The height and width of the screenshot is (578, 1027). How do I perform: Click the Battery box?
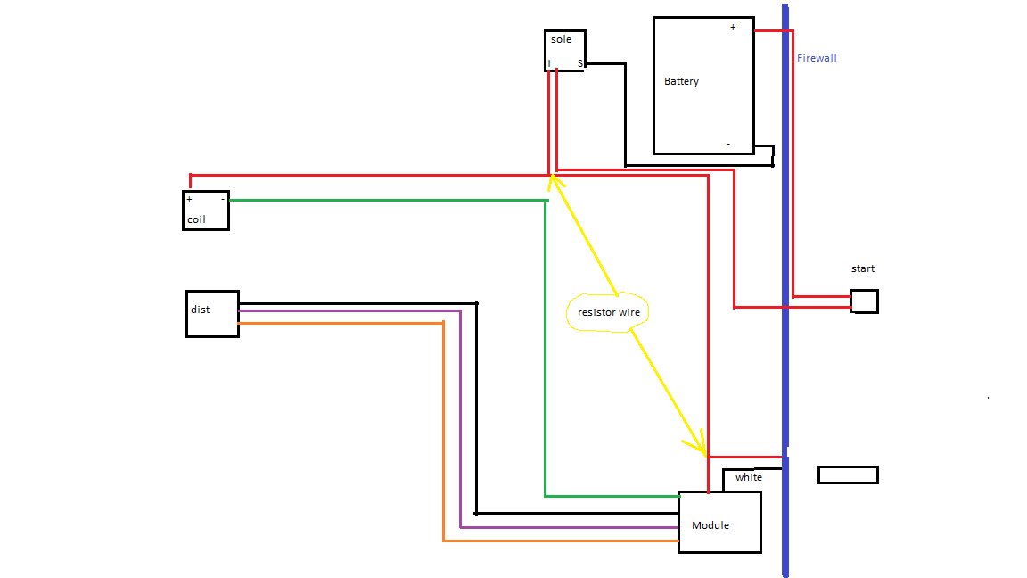tap(702, 85)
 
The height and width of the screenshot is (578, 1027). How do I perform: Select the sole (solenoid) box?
tap(564, 51)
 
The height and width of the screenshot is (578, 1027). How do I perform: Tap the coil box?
tap(205, 211)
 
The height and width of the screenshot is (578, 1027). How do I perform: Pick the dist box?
tap(212, 313)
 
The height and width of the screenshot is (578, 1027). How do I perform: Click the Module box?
tap(719, 522)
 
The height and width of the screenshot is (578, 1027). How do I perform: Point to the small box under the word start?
tap(864, 301)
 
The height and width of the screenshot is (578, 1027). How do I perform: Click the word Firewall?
tap(817, 58)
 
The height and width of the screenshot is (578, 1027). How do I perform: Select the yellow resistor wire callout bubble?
tap(608, 312)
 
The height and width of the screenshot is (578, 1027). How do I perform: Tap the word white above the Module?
tap(749, 477)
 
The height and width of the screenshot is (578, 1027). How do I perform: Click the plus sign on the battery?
tap(733, 28)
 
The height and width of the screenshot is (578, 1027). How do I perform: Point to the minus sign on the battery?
tap(728, 144)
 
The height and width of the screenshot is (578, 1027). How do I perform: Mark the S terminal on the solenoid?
tap(579, 63)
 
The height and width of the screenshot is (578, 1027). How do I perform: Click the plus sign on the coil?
tap(189, 200)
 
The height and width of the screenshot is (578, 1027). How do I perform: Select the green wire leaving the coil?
tap(383, 200)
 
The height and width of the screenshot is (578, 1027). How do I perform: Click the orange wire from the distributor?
tap(339, 322)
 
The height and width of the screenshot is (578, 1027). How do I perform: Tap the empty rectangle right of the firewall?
tap(848, 475)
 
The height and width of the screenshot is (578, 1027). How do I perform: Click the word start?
tap(863, 268)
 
